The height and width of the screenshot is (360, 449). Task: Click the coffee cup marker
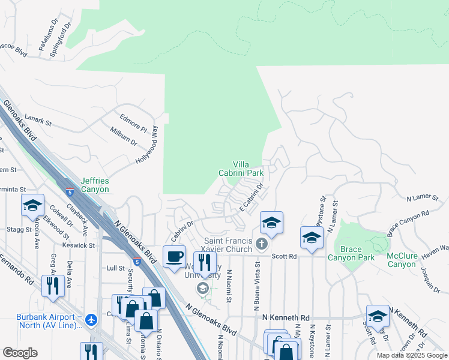coord(175,257)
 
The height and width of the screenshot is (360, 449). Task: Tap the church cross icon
coord(261,244)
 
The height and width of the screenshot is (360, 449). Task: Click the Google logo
coord(20,353)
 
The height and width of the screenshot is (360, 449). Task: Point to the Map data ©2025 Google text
coord(411,355)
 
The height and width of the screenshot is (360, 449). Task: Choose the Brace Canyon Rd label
coord(409,221)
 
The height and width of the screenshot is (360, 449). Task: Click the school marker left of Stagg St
coord(32,206)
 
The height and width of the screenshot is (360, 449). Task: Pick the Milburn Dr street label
coord(124,135)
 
